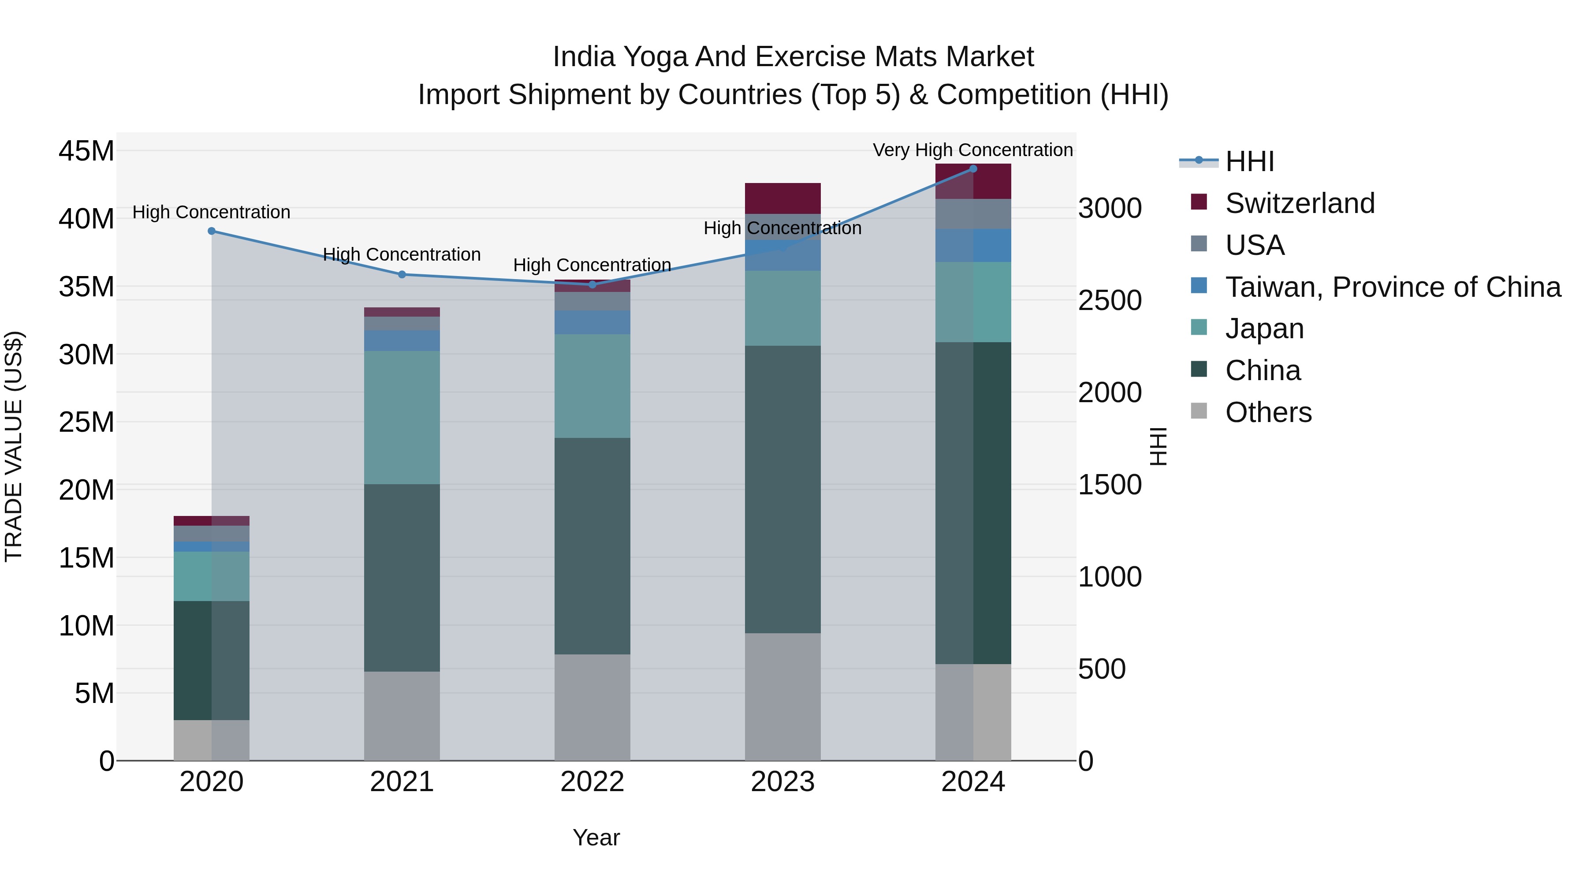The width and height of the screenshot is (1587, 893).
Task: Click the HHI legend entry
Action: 1249,161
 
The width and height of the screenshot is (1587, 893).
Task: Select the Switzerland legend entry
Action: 1300,203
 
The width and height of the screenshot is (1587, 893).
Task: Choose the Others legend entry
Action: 1268,412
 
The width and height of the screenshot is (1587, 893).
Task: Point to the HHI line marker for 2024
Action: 973,168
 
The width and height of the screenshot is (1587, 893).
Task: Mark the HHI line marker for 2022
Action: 592,285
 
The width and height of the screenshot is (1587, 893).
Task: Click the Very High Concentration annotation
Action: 973,150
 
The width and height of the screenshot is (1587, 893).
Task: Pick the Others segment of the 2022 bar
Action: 592,707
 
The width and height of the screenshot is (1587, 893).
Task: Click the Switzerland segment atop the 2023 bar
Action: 782,198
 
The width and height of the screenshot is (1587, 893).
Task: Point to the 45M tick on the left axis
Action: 86,151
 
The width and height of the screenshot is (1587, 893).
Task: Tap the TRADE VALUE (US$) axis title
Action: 14,446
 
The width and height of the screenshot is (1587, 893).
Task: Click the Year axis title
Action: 596,837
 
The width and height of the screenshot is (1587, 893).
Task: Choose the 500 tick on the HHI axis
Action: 1102,669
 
